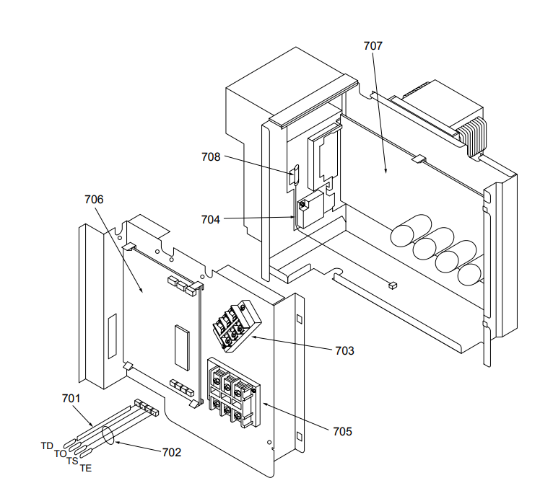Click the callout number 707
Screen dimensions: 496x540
pyautogui.click(x=373, y=45)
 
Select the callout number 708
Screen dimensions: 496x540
pyautogui.click(x=211, y=156)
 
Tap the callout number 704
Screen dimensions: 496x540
pyautogui.click(x=211, y=218)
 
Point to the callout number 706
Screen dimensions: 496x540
pyautogui.click(x=95, y=199)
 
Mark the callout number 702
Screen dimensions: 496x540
pyautogui.click(x=171, y=452)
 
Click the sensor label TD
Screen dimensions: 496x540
pyautogui.click(x=47, y=446)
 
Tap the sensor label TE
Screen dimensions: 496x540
pyautogui.click(x=85, y=469)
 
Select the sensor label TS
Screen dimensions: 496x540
pyautogui.click(x=72, y=461)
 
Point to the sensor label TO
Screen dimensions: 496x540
pyautogui.click(x=60, y=454)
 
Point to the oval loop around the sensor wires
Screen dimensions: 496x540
pyautogui.click(x=108, y=436)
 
